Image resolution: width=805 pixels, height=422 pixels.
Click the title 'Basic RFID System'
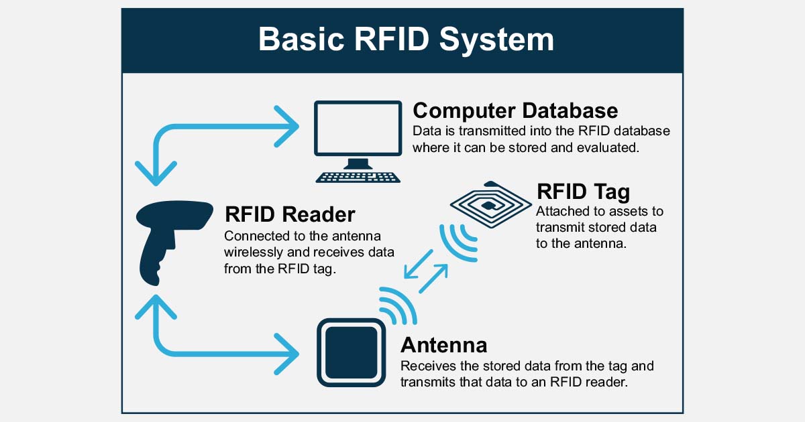point(406,40)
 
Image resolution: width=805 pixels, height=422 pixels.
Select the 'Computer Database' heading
point(515,110)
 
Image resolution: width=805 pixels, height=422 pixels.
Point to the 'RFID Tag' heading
point(583,192)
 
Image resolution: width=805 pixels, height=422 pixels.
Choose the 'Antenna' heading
point(443,345)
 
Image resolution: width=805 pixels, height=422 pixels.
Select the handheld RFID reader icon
point(164,241)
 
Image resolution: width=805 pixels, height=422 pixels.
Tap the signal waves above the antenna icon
point(400,304)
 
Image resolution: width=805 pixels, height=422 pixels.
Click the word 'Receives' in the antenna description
point(425,366)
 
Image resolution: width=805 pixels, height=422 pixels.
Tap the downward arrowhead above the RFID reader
point(156,173)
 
